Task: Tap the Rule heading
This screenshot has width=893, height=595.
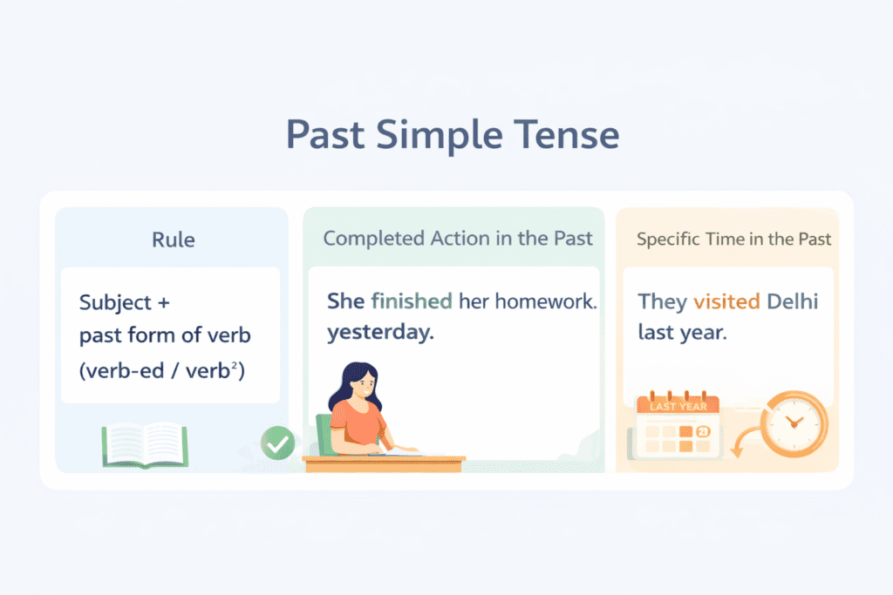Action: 174,240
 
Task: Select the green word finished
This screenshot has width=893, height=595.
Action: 412,301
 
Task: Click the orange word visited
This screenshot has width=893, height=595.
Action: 726,301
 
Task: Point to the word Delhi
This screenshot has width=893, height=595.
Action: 792,301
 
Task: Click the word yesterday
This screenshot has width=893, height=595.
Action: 380,332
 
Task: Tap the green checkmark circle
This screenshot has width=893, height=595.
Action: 278,443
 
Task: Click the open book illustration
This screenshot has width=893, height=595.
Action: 146,445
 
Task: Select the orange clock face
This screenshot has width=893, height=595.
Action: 794,423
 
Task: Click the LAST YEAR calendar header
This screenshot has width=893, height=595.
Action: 678,406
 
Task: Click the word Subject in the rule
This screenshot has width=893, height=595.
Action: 116,302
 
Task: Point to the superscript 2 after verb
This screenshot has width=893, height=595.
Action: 234,365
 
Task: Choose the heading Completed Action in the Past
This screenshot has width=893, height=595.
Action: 458,239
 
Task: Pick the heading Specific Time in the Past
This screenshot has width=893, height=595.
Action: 733,239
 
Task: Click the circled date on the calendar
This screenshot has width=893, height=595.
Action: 703,432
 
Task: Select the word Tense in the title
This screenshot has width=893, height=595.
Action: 567,135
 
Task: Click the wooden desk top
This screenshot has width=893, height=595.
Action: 384,458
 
